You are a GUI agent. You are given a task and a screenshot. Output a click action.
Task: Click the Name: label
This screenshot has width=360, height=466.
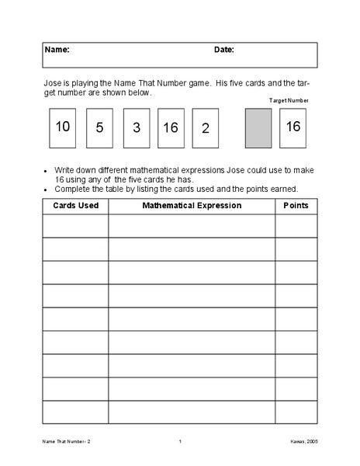coord(57,50)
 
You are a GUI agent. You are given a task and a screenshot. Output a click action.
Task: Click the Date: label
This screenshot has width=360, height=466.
coord(224,50)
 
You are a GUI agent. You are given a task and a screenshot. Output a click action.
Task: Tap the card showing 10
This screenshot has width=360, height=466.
coord(63,127)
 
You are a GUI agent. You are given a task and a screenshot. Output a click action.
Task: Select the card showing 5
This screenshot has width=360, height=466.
coord(99,128)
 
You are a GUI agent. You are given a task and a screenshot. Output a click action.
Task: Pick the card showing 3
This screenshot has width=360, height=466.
coord(136,128)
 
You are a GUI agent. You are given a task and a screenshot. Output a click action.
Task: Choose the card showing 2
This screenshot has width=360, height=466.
coord(205,128)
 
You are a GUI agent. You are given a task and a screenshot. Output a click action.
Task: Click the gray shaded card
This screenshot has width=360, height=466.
coord(258,128)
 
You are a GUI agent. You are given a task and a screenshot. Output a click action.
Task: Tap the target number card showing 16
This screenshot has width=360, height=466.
coord(292,128)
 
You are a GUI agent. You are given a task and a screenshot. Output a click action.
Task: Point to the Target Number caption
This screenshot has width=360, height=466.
coord(289,100)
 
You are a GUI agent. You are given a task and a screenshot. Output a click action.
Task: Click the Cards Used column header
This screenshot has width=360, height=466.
coord(75,206)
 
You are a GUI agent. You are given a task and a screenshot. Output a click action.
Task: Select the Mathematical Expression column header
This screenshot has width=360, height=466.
coord(192,206)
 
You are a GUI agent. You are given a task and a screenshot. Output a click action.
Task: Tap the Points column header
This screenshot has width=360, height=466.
coord(296,206)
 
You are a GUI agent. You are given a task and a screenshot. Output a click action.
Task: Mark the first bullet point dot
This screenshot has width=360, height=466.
coord(47,170)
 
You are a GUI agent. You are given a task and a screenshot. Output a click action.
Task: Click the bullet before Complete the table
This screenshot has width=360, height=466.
coord(47,190)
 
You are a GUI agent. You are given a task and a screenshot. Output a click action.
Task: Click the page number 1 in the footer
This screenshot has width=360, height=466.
coord(180,442)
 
